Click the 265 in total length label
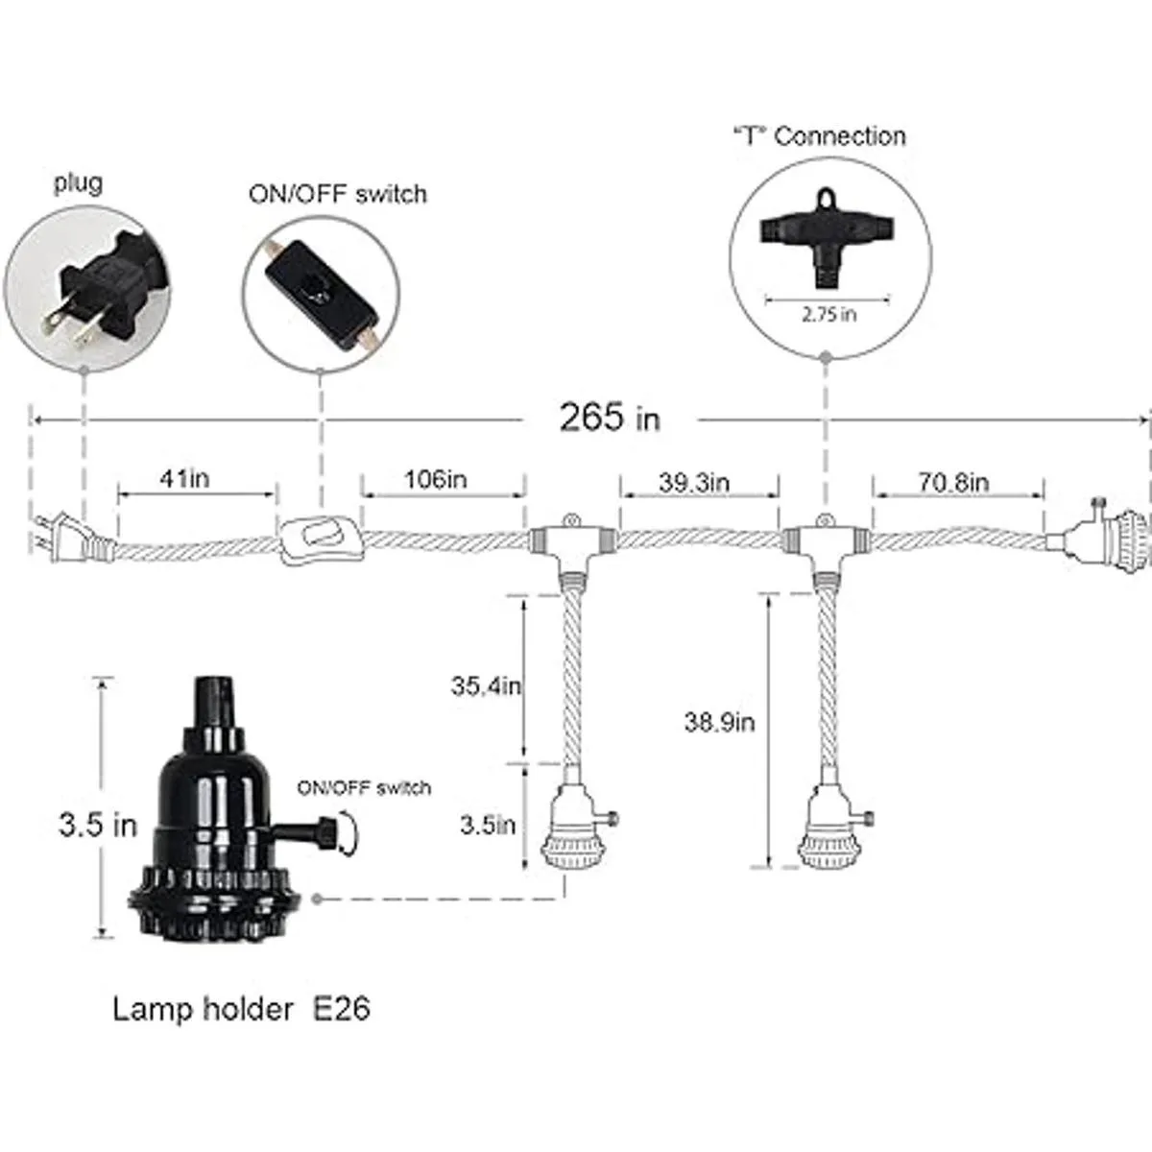(610, 419)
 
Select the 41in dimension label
(183, 478)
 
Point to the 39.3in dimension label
(694, 482)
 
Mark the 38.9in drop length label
(719, 722)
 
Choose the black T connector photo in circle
(827, 234)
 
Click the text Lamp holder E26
(241, 1009)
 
